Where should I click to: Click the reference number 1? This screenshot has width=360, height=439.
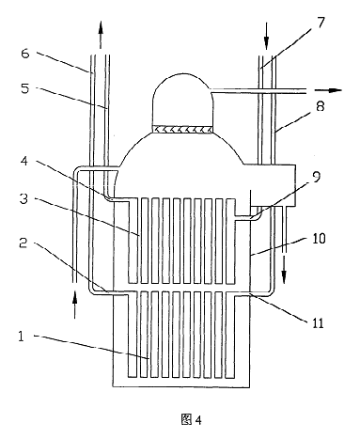pyautogui.click(x=21, y=337)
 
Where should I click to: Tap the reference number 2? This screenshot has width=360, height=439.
pyautogui.click(x=23, y=243)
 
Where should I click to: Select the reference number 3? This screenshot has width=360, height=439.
pyautogui.click(x=24, y=198)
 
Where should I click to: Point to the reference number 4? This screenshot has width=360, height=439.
pyautogui.click(x=23, y=162)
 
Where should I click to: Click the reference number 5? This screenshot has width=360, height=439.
pyautogui.click(x=25, y=88)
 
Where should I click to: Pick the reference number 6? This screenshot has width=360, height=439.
pyautogui.click(x=25, y=54)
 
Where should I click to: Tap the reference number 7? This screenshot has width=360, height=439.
pyautogui.click(x=321, y=23)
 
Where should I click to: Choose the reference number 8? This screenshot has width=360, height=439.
pyautogui.click(x=321, y=106)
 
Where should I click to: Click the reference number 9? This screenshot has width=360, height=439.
pyautogui.click(x=317, y=177)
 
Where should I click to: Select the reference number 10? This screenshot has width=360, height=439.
pyautogui.click(x=319, y=239)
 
